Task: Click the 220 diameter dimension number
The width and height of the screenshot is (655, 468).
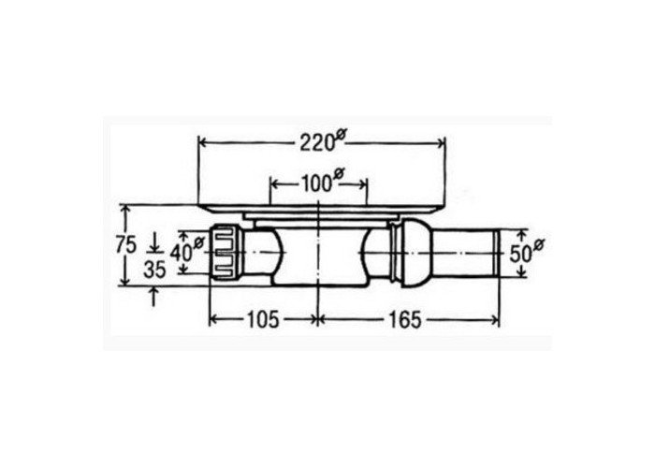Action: [x=316, y=144]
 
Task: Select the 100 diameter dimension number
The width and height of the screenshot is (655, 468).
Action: [x=316, y=183]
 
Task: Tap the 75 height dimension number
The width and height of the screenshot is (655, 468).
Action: [x=125, y=245]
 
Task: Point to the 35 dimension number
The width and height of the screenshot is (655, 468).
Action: [x=154, y=270]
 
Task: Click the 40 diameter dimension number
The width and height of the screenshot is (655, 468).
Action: [x=181, y=253]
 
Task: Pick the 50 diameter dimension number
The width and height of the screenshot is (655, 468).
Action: [x=519, y=254]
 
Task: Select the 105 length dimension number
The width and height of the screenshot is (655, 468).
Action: [x=263, y=320]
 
